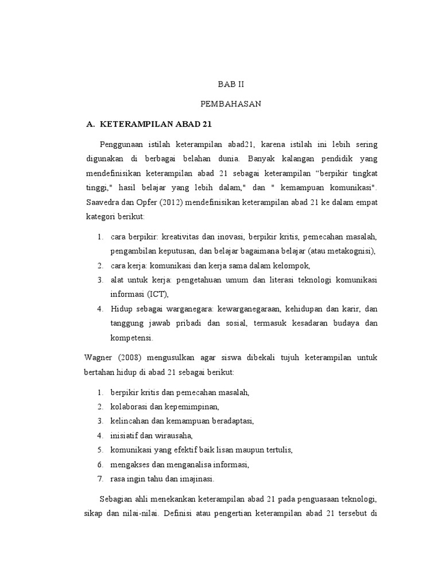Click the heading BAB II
pyautogui.click(x=230, y=83)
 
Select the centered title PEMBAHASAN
pyautogui.click(x=230, y=103)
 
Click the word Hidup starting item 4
pyautogui.click(x=121, y=308)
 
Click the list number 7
pyautogui.click(x=99, y=479)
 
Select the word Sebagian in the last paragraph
pyautogui.click(x=117, y=498)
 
